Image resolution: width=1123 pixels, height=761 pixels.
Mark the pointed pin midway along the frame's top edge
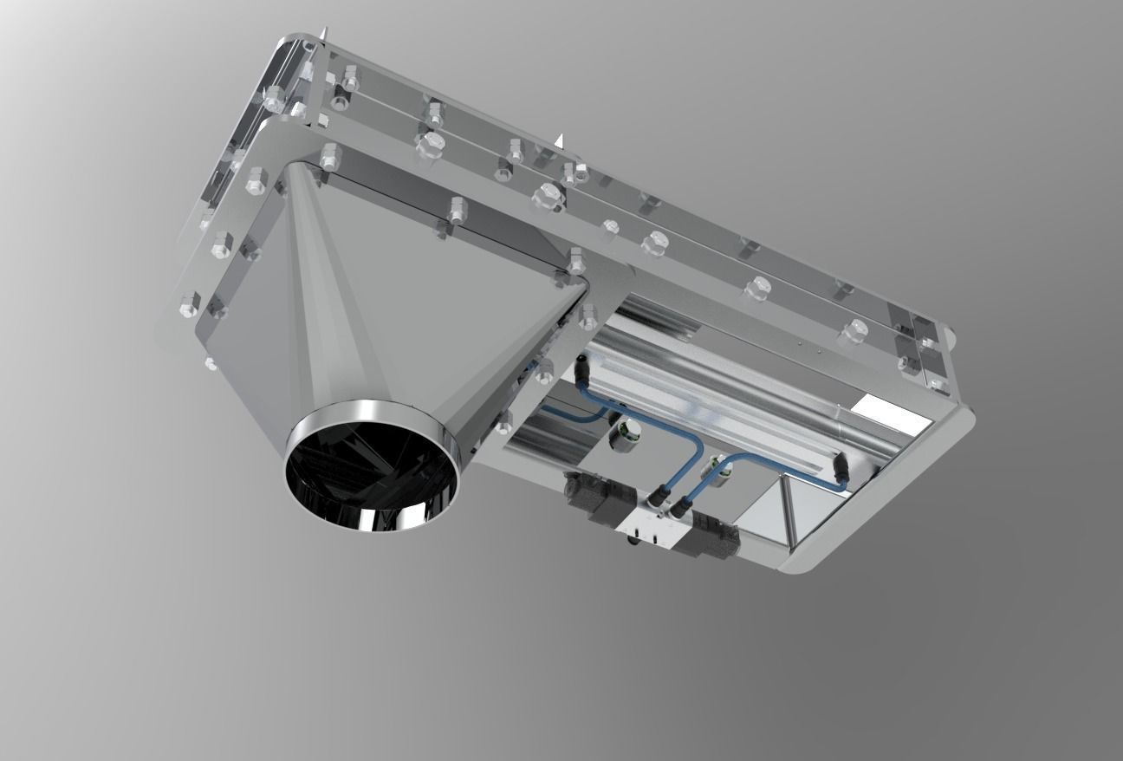click(x=561, y=140)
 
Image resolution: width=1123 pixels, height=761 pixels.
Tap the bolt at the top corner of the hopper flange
click(x=329, y=157)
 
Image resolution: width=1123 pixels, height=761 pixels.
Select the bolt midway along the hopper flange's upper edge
click(x=456, y=209)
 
